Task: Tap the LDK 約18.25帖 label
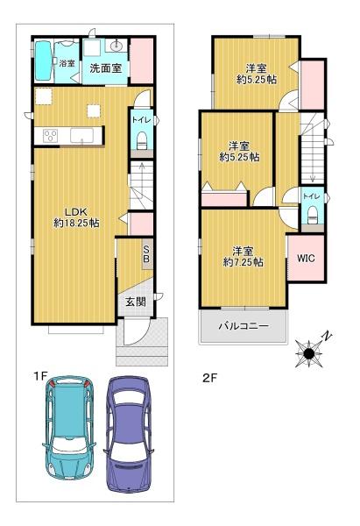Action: tap(76, 217)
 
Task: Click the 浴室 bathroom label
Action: tap(67, 63)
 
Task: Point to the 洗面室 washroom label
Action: tap(105, 68)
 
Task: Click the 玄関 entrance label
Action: tap(136, 302)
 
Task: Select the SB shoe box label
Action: tap(146, 254)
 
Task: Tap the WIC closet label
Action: tap(306, 259)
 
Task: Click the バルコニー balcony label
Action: tap(244, 326)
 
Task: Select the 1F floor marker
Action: tap(40, 376)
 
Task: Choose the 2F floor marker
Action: tap(210, 378)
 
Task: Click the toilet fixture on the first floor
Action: tap(142, 141)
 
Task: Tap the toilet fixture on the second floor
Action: tap(313, 215)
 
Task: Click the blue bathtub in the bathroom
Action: tap(43, 60)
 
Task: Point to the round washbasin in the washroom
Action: tap(117, 45)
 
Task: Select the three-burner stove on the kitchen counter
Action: tap(50, 136)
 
